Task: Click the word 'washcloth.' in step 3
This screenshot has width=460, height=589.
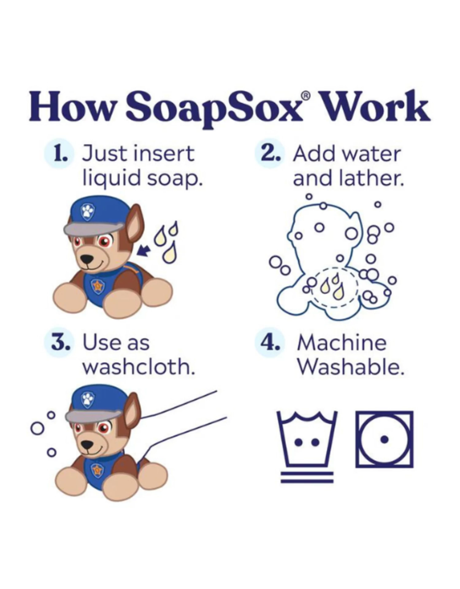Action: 139,367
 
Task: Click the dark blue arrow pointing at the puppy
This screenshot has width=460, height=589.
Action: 143,250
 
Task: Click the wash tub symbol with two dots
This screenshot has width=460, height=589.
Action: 307,439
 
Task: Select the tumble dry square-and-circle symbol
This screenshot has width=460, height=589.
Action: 384,440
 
